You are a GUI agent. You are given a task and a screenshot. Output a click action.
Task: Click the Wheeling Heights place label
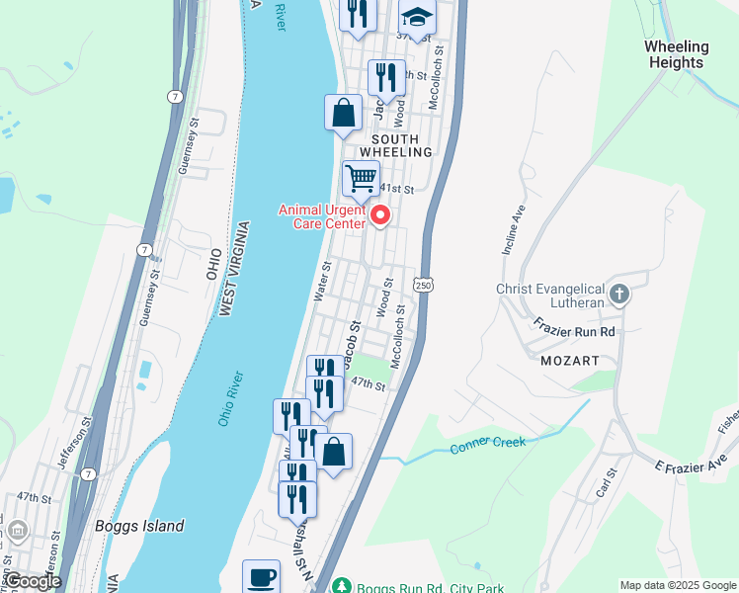tap(677, 54)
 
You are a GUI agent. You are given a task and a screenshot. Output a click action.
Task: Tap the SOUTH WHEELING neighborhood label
tap(396, 145)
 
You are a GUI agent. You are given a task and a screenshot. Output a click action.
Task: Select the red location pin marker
tap(378, 215)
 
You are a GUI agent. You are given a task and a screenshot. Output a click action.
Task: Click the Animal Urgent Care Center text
tap(321, 215)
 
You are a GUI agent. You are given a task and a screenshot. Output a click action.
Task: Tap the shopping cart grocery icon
tap(361, 179)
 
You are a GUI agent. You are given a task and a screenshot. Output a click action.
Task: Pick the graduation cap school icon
tap(417, 17)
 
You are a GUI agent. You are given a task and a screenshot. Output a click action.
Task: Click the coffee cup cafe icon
tap(262, 577)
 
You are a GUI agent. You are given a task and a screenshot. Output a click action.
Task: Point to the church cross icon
tap(618, 294)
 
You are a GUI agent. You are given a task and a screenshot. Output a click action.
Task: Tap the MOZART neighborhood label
tap(570, 362)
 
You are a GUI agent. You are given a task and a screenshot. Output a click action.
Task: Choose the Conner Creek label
tap(488, 446)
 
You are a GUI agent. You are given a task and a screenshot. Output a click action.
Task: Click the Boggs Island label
tap(139, 526)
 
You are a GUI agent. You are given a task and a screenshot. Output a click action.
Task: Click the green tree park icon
tap(342, 585)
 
